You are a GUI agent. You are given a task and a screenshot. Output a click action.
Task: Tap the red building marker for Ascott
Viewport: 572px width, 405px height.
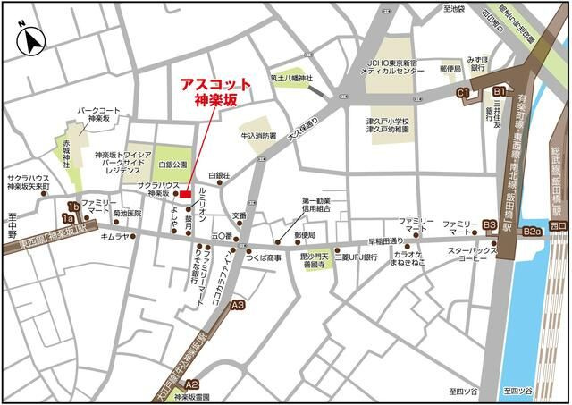tap(185, 194)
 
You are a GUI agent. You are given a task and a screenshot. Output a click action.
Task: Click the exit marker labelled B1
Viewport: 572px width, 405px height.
tap(500, 91)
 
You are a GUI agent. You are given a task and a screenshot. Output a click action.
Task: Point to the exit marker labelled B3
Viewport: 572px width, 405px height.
tap(489, 224)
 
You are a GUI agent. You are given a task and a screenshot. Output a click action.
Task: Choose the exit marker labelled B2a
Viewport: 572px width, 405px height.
tap(534, 232)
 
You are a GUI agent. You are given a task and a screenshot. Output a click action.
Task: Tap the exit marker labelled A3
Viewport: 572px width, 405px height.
tap(237, 306)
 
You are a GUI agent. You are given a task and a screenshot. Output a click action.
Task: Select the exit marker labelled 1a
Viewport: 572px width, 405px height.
tap(67, 217)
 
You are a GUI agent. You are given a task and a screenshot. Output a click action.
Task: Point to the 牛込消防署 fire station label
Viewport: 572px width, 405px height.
tap(258, 137)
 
